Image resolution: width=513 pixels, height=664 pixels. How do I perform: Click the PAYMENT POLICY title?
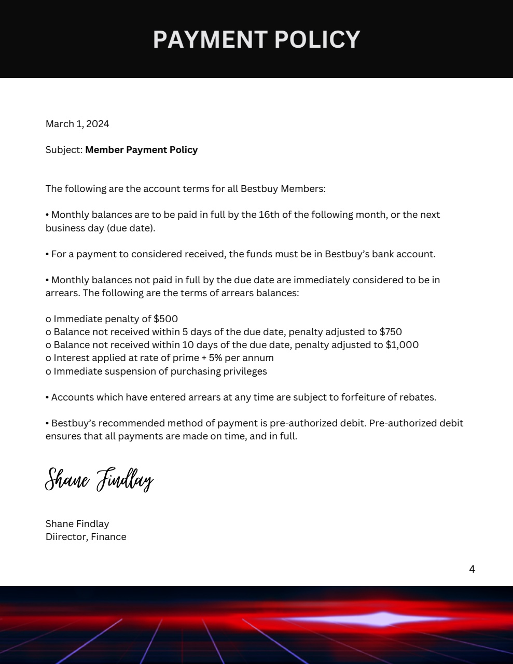pos(256,39)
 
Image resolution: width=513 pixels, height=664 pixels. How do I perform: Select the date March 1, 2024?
pos(77,123)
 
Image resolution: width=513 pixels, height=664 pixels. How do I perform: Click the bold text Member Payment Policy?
pos(141,149)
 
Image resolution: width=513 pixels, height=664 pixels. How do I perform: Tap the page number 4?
pos(472,569)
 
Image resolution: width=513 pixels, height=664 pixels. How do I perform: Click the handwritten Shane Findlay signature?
pos(99,479)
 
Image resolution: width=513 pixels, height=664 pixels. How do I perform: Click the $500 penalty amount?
pos(165,319)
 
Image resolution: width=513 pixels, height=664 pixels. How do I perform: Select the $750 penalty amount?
pos(391,331)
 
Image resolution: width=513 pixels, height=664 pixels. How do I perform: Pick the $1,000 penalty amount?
pos(402,344)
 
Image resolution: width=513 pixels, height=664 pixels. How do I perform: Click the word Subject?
pos(64,149)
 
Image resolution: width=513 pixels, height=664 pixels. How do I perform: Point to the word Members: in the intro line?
pos(303,188)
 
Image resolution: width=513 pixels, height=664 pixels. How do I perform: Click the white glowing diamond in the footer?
pos(383,619)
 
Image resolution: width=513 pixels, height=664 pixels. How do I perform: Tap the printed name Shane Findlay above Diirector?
pos(77,523)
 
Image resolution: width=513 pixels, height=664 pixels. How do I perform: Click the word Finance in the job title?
pos(108,536)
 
